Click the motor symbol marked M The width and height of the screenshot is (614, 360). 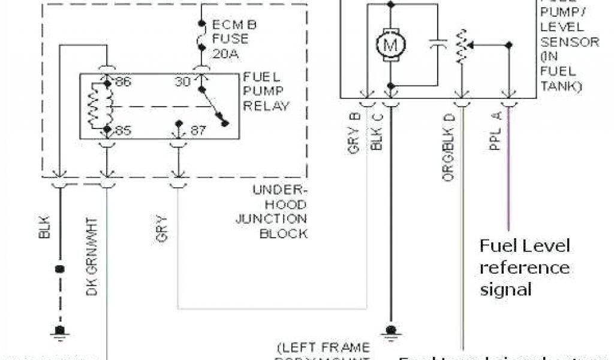click(x=392, y=43)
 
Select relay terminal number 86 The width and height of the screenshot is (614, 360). click(x=123, y=82)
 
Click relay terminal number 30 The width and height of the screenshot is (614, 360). click(x=183, y=82)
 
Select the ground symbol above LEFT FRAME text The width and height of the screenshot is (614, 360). click(x=391, y=330)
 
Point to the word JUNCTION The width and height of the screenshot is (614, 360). click(x=271, y=219)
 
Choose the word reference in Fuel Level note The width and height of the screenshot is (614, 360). click(x=524, y=268)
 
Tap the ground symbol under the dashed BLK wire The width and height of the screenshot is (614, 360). click(x=59, y=331)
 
